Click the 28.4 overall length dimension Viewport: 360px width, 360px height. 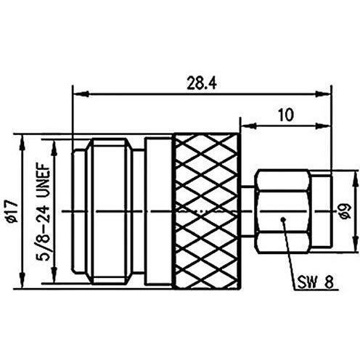(202, 83)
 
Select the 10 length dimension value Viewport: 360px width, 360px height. (286, 115)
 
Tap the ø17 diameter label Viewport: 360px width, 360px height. (12, 211)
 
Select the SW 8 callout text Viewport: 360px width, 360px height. (315, 282)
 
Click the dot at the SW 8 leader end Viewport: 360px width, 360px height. (282, 219)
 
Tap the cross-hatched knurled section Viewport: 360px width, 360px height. (206, 211)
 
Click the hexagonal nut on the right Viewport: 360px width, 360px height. (282, 212)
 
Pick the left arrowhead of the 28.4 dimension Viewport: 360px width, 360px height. (81, 94)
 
